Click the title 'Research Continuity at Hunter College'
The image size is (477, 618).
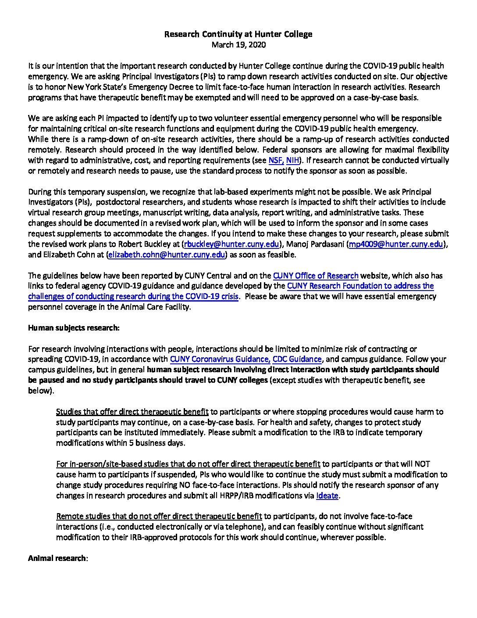coord(238,34)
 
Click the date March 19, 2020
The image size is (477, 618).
coord(238,45)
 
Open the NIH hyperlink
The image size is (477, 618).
coord(293,161)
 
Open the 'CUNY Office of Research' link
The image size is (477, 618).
coord(316,276)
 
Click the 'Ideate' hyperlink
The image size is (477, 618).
coord(327,496)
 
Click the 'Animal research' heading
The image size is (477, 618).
coord(57,558)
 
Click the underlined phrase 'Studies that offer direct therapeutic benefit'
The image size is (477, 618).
coord(132,412)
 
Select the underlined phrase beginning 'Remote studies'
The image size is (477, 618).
coord(159,517)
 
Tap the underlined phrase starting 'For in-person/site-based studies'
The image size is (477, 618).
coord(188,464)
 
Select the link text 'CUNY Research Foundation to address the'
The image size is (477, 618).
coord(360,286)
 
